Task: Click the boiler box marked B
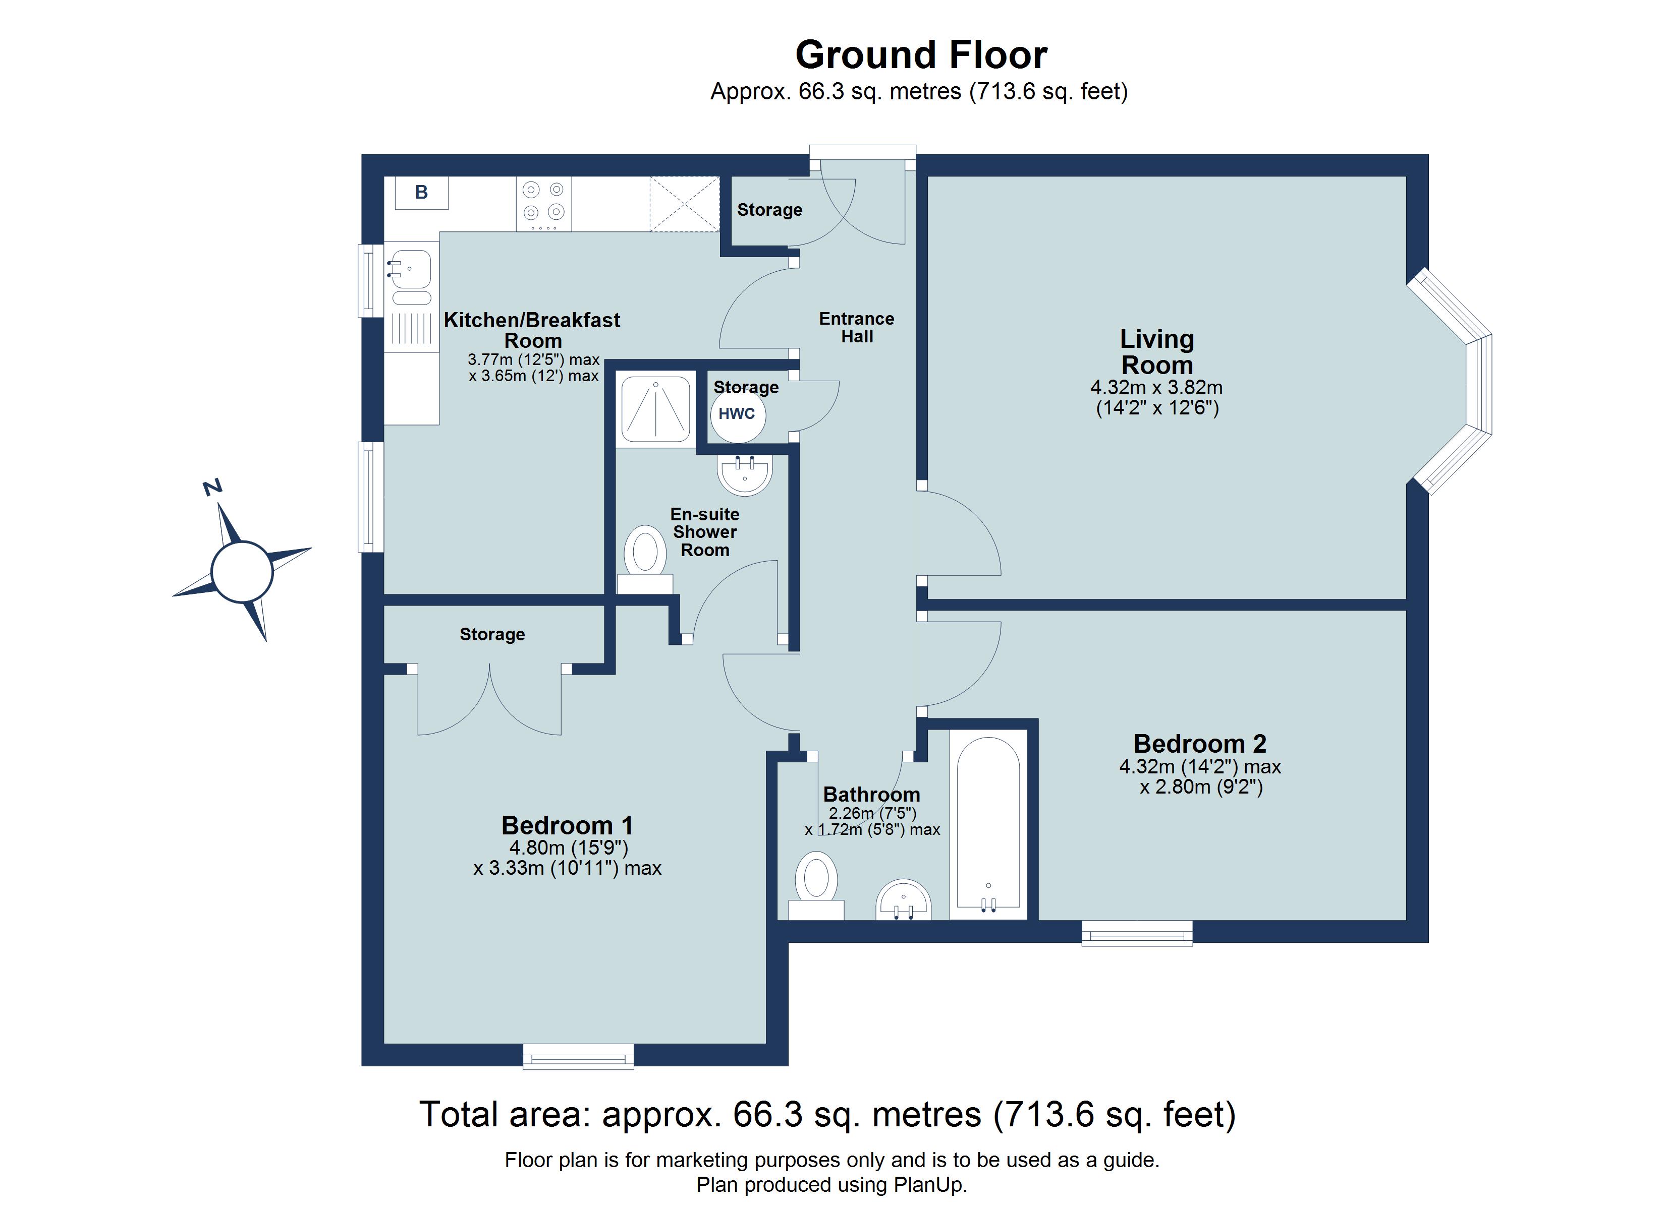[x=421, y=192]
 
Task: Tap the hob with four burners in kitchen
[x=543, y=203]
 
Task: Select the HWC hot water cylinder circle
[x=737, y=414]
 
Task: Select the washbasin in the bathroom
[x=904, y=900]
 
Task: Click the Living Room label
[x=1156, y=352]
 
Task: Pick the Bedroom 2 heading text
[x=1200, y=743]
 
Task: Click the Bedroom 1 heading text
[x=567, y=825]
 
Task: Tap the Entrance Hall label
[x=856, y=327]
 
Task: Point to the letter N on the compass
[x=212, y=487]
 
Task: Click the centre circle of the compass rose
[x=242, y=572]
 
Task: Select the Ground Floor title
[x=921, y=55]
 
